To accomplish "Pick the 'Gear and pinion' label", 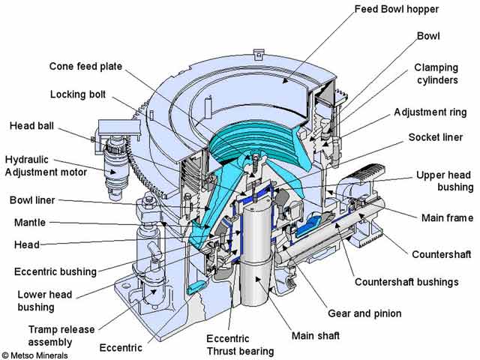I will click(364, 313).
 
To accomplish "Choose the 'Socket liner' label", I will click(439, 138).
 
